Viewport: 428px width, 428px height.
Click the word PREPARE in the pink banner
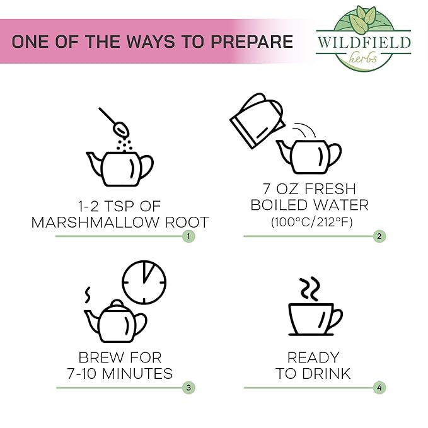pos(252,42)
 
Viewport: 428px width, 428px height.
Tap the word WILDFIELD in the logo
pos(364,43)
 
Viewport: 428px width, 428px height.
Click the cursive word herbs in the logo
pos(363,57)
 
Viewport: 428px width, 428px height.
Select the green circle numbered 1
pos(188,236)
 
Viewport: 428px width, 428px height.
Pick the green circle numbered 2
pos(379,236)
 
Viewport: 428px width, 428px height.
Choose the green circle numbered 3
pos(188,388)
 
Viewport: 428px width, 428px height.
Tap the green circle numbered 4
pos(379,388)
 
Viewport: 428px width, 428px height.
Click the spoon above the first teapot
pos(114,122)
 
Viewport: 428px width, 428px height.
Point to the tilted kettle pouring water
pos(257,120)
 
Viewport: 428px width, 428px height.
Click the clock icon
pos(144,282)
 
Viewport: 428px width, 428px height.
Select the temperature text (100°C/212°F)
pos(312,222)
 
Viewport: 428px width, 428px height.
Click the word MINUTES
pos(137,373)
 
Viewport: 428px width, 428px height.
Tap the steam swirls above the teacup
pos(309,289)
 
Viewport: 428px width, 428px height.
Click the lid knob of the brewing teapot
pos(117,303)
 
